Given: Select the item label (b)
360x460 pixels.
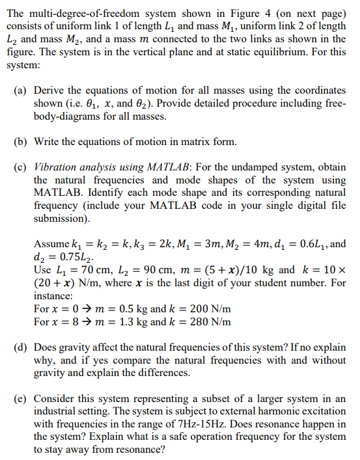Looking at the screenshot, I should pyautogui.click(x=20, y=141).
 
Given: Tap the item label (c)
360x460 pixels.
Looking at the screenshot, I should pyautogui.click(x=20, y=167).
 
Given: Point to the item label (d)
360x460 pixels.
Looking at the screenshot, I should pyautogui.click(x=20, y=347).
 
